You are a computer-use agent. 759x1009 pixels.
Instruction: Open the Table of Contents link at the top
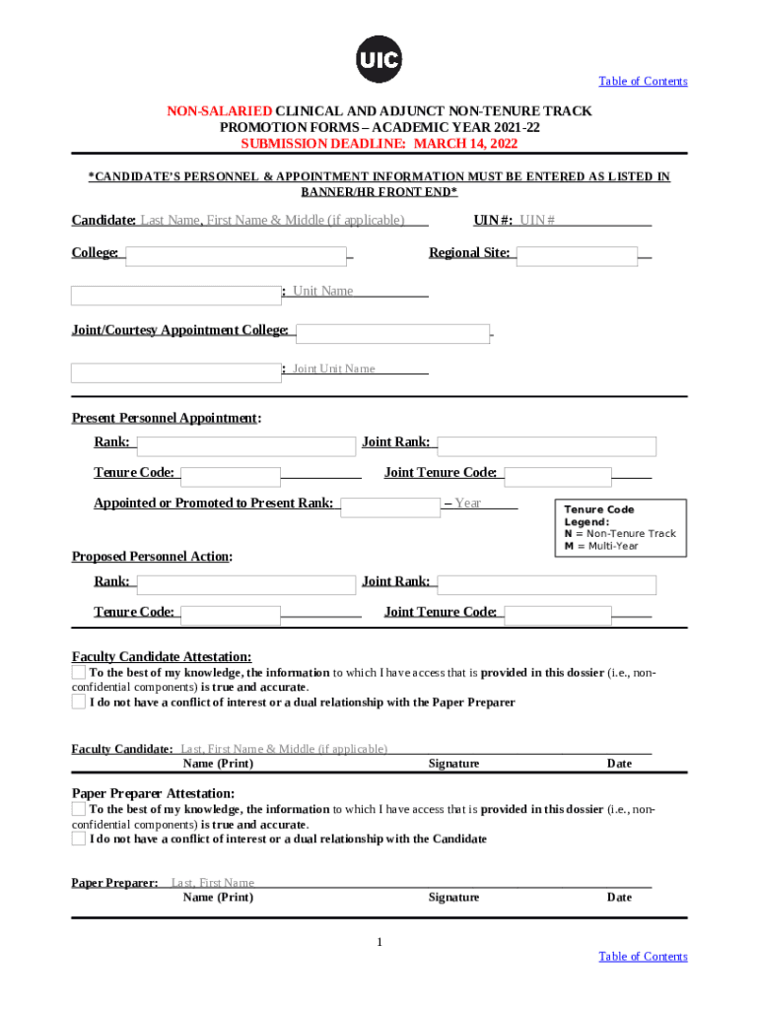[x=643, y=81]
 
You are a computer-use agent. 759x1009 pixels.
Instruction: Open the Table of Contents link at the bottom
[x=643, y=957]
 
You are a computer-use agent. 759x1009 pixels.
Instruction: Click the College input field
[x=236, y=256]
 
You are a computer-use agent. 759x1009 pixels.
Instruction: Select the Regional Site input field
[x=577, y=256]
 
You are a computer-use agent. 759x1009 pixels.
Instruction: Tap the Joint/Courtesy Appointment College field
[x=392, y=334]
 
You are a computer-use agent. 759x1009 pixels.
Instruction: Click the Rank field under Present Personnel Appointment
[x=245, y=446]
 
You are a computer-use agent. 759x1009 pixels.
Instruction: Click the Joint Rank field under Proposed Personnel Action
[x=546, y=585]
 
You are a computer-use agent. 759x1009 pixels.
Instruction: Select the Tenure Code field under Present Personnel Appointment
[x=232, y=477]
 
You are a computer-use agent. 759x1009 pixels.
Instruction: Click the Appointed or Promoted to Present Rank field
[x=390, y=507]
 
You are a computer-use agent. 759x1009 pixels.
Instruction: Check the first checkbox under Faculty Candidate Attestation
[x=79, y=672]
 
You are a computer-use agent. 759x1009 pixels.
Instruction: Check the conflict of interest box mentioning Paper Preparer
[x=79, y=703]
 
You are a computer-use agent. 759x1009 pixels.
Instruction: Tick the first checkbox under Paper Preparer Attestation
[x=79, y=809]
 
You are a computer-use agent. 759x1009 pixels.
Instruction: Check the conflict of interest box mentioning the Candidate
[x=79, y=840]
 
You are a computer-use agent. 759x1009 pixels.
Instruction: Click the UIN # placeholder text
[x=537, y=220]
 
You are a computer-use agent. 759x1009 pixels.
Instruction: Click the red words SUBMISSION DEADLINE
[x=323, y=144]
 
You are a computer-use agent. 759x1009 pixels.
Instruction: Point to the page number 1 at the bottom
[x=379, y=943]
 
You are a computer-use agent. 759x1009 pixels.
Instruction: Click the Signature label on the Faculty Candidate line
[x=453, y=764]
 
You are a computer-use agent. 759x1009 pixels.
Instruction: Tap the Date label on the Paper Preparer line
[x=619, y=898]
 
